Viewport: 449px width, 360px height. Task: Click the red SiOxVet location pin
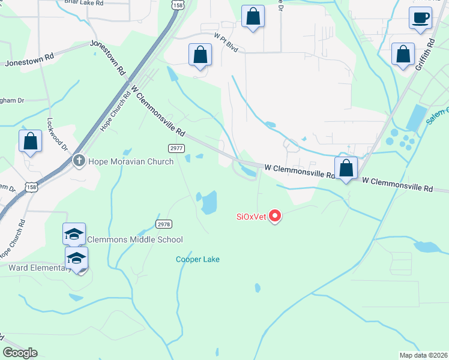coord(275,215)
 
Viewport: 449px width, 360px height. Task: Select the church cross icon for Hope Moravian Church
coord(79,161)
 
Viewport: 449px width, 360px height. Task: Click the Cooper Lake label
coord(197,259)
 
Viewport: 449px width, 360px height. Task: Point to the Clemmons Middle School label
coord(136,239)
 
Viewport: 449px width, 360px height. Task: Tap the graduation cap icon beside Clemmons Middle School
coord(74,234)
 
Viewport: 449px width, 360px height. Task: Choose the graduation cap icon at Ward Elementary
coord(76,259)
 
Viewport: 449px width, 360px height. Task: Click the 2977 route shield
coord(175,148)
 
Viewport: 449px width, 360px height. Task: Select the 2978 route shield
coord(164,224)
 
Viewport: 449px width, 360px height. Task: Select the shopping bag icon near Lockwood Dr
coord(30,142)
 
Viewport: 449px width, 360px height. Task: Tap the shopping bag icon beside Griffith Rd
coord(402,54)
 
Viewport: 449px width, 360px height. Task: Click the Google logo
coord(20,353)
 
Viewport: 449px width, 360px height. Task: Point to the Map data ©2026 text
coord(424,355)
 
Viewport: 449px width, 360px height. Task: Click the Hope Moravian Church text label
coord(131,161)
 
